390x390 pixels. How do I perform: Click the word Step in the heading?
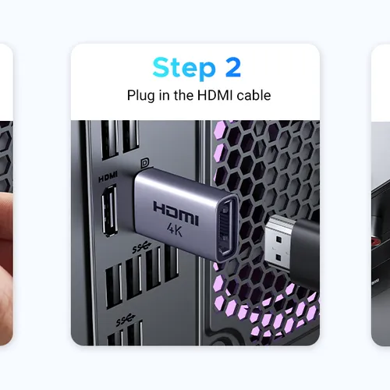point(184,68)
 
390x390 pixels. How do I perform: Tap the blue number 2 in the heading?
point(233,67)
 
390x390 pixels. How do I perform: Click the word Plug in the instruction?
point(140,96)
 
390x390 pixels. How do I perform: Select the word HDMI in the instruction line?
point(214,95)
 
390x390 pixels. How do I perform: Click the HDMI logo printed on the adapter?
point(176,213)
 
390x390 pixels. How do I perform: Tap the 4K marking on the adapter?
point(175,229)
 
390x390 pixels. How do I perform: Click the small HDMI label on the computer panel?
point(108,177)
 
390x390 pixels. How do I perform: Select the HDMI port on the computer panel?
point(109,211)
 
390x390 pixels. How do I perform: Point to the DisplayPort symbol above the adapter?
point(145,164)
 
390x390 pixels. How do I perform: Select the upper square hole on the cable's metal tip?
point(278,239)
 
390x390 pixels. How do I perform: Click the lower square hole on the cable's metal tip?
point(278,258)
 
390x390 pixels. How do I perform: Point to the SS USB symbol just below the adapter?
point(142,247)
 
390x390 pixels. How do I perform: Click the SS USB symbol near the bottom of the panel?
point(126,320)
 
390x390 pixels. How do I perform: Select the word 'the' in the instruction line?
point(183,95)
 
